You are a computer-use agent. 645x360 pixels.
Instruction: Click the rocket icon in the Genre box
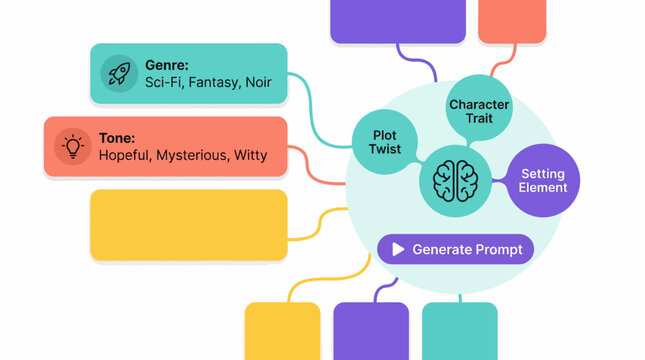(x=119, y=73)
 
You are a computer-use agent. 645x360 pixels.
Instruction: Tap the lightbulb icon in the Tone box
(x=72, y=146)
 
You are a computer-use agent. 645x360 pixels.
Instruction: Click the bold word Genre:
(x=166, y=64)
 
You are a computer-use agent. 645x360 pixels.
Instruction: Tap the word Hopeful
(x=124, y=156)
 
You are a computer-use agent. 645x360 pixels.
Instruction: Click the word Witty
(x=250, y=156)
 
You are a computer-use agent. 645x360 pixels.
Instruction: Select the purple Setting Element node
(x=543, y=180)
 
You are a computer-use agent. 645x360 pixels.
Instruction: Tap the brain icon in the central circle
(x=456, y=180)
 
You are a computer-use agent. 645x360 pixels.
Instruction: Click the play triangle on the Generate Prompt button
(x=398, y=249)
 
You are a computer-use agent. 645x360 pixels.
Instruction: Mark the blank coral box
(x=511, y=21)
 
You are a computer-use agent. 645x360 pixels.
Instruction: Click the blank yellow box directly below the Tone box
(x=188, y=225)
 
